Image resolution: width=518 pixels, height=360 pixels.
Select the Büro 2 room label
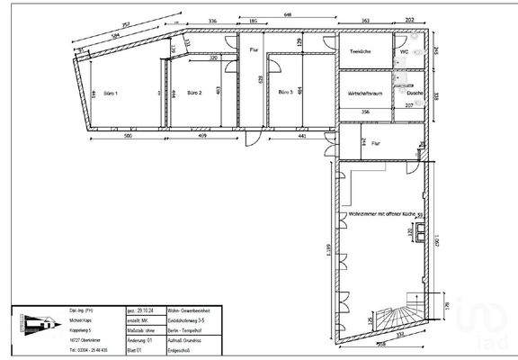point(194,93)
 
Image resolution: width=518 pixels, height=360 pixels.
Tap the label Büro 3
point(285,93)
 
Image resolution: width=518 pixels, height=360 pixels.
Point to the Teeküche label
point(361,52)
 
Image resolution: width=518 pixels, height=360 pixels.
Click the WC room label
point(403,52)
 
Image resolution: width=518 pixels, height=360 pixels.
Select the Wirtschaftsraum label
point(362,92)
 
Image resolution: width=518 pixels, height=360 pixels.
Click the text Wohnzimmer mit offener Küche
point(384,214)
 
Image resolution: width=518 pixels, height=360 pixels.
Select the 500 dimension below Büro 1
point(129,136)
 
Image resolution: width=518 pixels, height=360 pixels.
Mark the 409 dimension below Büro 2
point(200,136)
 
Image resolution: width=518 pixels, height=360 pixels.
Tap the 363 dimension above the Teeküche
point(366,21)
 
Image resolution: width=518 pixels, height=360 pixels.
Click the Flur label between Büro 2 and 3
point(255,50)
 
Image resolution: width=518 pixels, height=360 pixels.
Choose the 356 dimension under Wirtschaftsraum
point(364,112)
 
